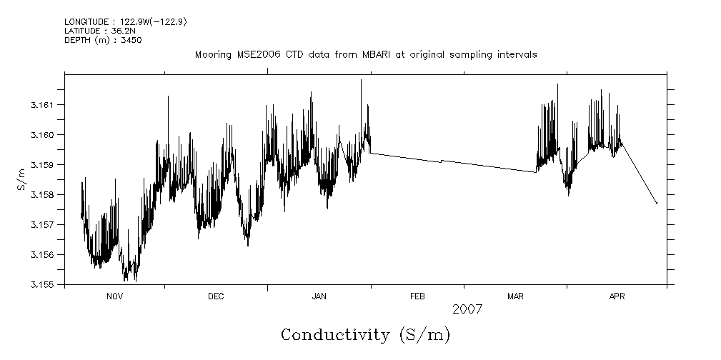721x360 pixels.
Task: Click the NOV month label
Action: click(115, 296)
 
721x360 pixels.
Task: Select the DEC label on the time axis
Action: click(216, 296)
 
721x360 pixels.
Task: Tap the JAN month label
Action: click(319, 296)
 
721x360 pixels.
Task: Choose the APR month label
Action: click(617, 296)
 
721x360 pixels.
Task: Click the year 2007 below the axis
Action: click(467, 309)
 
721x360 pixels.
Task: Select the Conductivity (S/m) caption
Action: click(365, 334)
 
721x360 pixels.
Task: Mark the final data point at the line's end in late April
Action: click(657, 204)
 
